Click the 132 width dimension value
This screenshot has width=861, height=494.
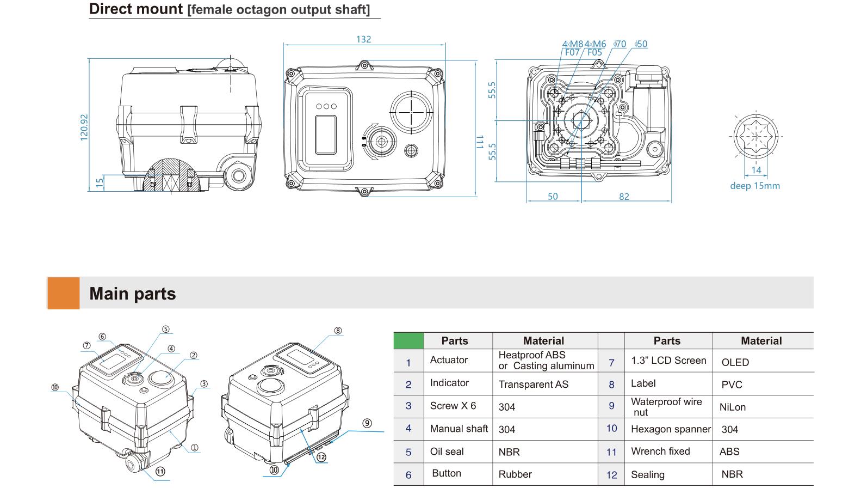tap(363, 39)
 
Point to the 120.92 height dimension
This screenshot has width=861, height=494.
tap(84, 127)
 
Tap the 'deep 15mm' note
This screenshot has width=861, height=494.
tap(754, 186)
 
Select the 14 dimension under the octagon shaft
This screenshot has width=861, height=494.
tap(756, 170)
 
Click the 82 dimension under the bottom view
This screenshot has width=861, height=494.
tap(624, 197)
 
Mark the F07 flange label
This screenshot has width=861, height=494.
tap(572, 52)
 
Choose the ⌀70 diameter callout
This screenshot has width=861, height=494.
tap(620, 44)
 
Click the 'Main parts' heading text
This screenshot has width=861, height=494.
tap(133, 294)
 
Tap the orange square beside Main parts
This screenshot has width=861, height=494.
tap(63, 293)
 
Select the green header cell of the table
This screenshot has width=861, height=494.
tap(408, 340)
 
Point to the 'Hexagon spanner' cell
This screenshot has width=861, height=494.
tap(670, 429)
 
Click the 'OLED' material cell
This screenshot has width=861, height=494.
tap(735, 362)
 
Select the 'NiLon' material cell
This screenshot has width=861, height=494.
tap(732, 407)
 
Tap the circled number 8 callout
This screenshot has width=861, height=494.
tap(338, 331)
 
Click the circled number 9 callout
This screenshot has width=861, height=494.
tap(367, 423)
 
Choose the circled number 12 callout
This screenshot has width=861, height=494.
tap(321, 457)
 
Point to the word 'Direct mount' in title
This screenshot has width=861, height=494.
tap(136, 9)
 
